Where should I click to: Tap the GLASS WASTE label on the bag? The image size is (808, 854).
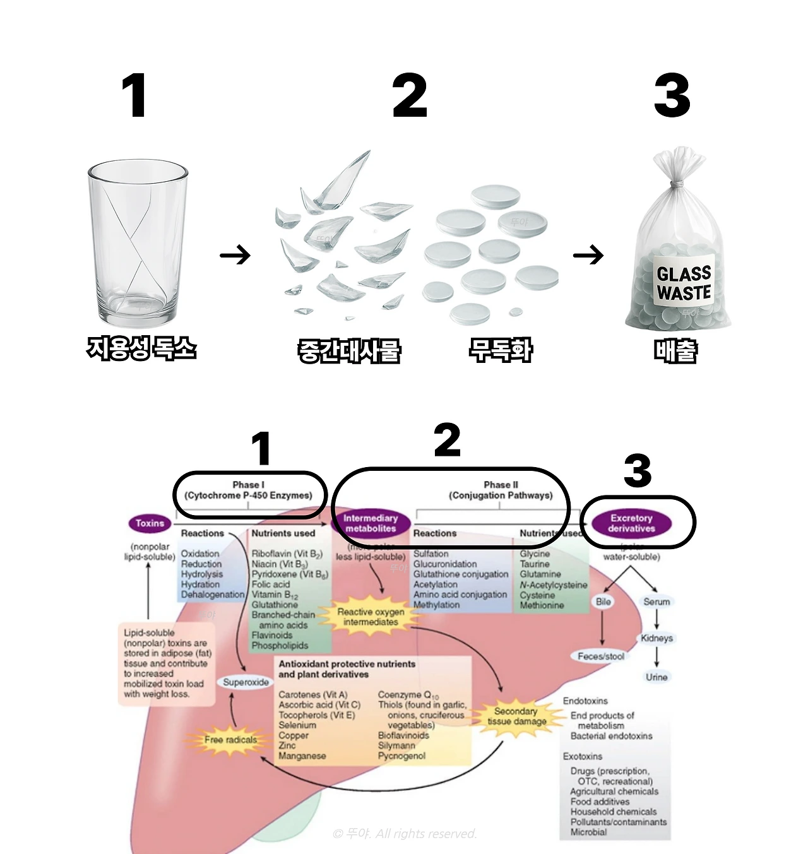(683, 283)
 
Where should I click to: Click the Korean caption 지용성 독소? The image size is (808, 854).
(141, 348)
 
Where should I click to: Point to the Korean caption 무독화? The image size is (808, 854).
(500, 350)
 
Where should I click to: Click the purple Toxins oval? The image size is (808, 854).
(150, 523)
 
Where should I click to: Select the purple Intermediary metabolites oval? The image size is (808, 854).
(371, 523)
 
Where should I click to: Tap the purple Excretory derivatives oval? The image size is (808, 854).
(631, 523)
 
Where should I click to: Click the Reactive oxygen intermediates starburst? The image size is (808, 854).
(371, 617)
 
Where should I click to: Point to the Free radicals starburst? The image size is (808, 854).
(230, 739)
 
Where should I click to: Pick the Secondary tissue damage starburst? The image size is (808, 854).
(516, 716)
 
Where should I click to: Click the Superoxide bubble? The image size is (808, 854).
(246, 682)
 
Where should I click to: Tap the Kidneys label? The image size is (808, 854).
(656, 638)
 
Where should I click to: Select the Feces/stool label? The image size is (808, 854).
(601, 656)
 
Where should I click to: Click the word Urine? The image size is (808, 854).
(656, 677)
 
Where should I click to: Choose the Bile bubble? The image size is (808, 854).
(603, 602)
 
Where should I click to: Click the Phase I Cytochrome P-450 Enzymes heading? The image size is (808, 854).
(248, 490)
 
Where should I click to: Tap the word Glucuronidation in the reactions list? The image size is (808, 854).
(445, 564)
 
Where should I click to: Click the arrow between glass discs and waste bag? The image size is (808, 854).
(588, 256)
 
